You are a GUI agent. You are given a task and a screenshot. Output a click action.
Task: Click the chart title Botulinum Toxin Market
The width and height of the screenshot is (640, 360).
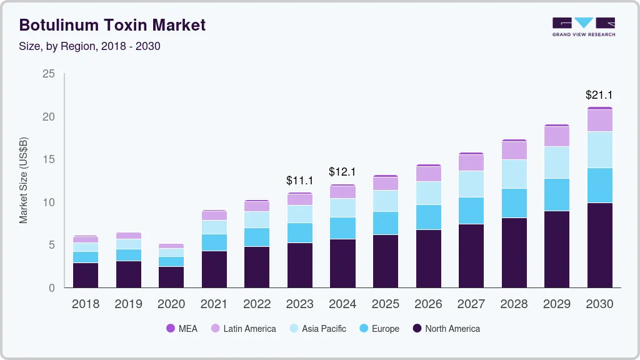point(112,25)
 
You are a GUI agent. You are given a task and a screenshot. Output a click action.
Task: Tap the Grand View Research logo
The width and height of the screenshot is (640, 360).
point(583,27)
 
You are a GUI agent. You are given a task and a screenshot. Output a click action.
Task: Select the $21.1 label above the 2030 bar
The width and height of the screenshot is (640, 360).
point(599,96)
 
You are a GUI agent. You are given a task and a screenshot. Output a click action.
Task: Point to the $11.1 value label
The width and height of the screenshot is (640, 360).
point(299,181)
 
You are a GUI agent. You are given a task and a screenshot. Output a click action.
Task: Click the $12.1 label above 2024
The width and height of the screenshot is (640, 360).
point(342,172)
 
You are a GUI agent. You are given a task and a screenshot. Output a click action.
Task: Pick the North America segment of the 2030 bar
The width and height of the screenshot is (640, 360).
point(599,245)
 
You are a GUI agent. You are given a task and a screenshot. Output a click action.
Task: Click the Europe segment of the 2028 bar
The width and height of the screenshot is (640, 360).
point(514,203)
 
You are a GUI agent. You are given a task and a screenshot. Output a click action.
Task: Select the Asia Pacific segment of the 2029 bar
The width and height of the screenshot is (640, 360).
point(556,162)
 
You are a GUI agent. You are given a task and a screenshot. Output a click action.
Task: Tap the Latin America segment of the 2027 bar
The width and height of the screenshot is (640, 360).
point(471,162)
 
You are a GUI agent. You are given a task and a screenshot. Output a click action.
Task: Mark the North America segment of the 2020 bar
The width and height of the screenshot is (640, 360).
point(171,277)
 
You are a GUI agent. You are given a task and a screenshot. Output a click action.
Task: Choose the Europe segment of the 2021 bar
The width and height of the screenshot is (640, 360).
point(214,242)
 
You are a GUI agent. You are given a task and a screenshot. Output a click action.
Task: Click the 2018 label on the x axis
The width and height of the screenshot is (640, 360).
point(86,304)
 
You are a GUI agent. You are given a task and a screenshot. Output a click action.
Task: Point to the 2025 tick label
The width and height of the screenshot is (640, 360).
point(385,304)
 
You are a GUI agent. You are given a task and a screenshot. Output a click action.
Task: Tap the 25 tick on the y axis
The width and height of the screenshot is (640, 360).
point(49,74)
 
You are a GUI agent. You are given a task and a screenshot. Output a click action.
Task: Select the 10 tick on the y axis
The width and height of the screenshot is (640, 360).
point(49,202)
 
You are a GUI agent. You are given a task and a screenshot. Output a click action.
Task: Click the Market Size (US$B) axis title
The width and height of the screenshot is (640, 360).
point(24,181)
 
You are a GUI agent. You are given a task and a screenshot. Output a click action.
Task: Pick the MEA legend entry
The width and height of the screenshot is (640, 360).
point(182,329)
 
